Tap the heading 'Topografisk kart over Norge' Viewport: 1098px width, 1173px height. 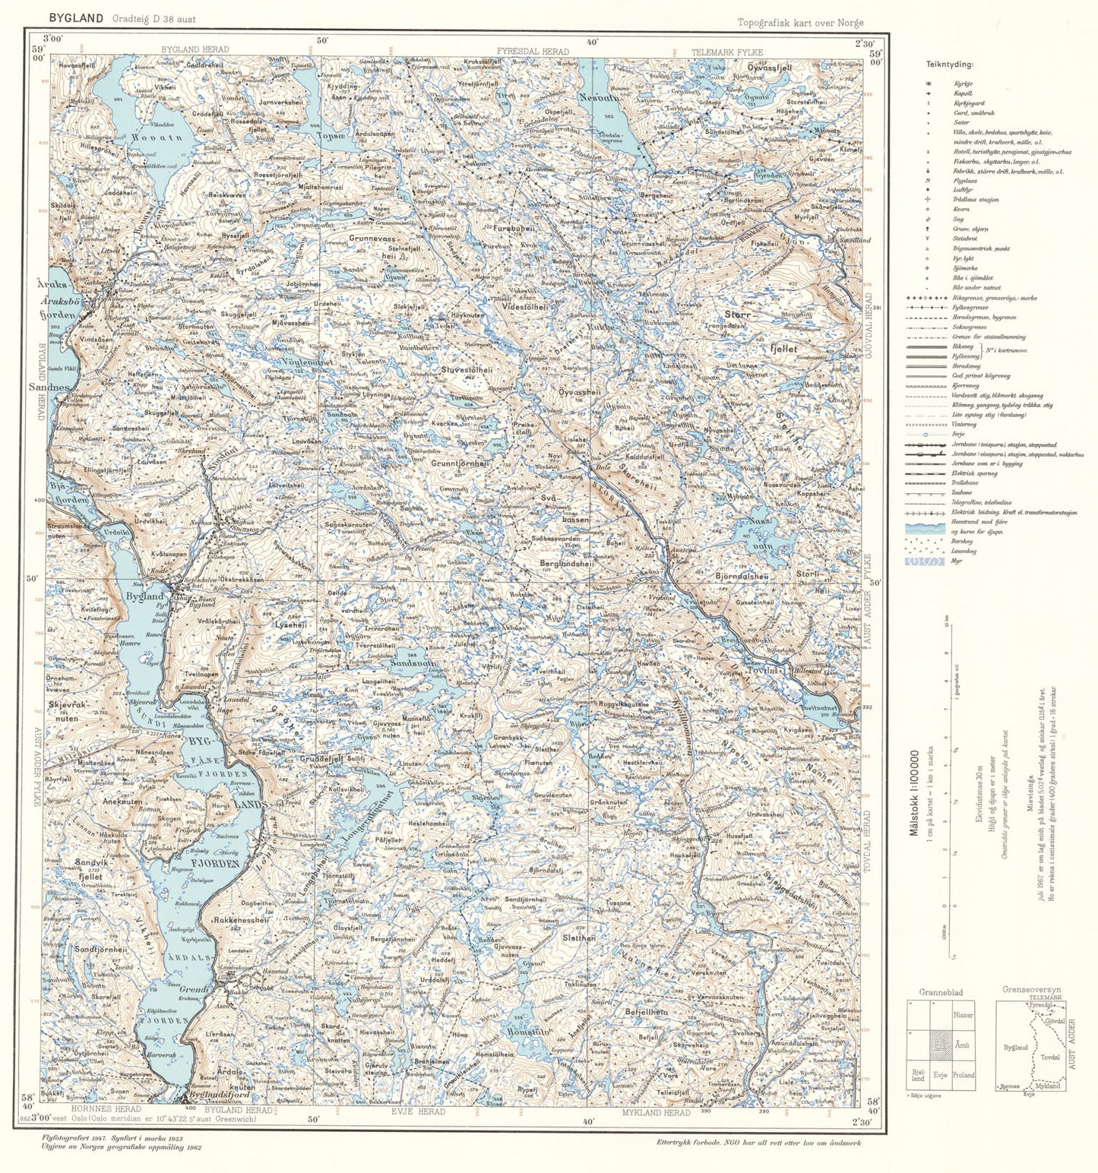(x=800, y=23)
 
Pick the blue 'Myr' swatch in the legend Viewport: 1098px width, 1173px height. (x=925, y=561)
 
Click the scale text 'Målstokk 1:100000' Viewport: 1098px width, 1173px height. (x=915, y=793)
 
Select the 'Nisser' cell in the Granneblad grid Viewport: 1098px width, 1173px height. (x=963, y=1014)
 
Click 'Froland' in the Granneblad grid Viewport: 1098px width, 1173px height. (x=963, y=1076)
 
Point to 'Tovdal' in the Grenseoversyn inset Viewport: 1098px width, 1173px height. (x=1049, y=1057)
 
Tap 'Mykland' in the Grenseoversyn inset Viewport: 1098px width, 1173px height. (x=1048, y=1086)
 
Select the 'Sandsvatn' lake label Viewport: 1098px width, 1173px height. (x=414, y=663)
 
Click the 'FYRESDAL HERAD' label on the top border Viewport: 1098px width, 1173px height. (x=533, y=52)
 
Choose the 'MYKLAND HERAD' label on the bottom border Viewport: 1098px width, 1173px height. (x=657, y=1112)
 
